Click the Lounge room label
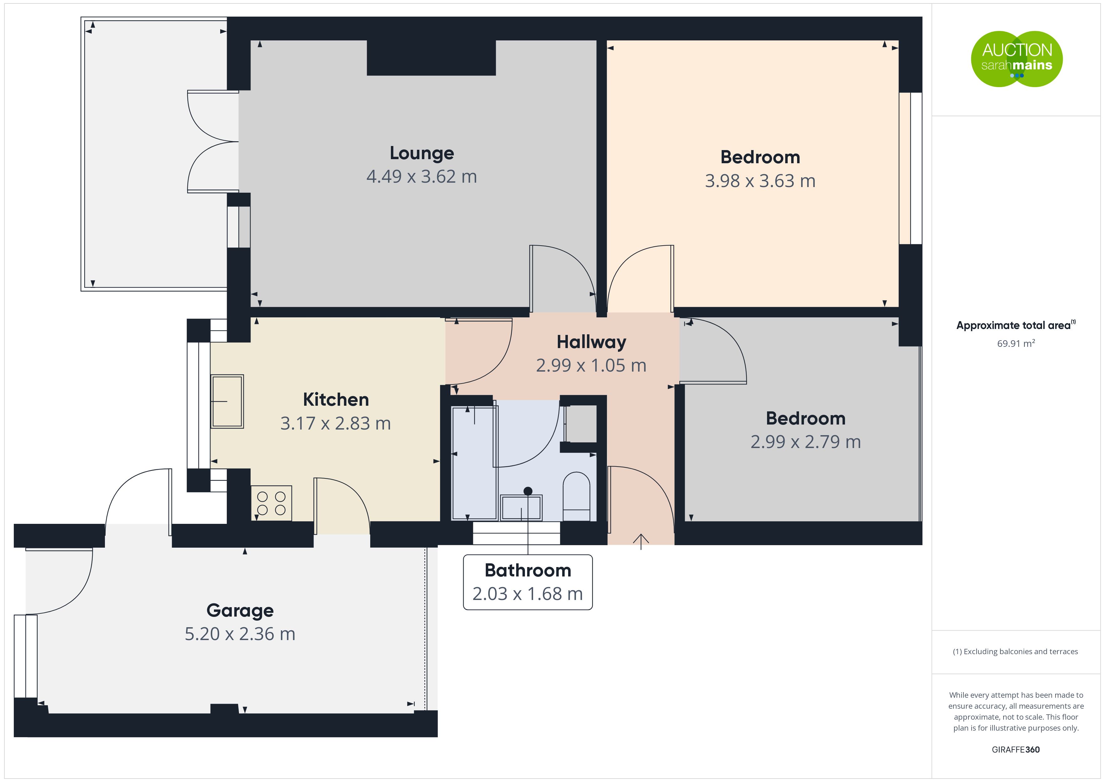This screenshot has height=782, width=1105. click(x=422, y=153)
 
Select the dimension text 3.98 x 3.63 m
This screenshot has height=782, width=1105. click(x=760, y=181)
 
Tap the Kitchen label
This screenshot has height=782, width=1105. click(x=336, y=400)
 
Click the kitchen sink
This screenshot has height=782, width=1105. click(x=227, y=402)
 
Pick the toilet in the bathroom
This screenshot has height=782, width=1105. click(x=577, y=496)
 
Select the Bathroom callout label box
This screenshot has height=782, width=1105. click(x=528, y=582)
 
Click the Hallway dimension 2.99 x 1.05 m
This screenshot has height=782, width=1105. click(x=591, y=366)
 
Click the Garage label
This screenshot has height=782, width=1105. click(x=240, y=611)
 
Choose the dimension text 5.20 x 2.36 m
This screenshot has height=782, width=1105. click(x=240, y=634)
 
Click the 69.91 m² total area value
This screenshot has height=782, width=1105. click(x=1016, y=343)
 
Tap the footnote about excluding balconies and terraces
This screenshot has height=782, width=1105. click(x=1015, y=651)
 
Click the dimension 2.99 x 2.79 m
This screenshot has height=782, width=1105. click(x=806, y=442)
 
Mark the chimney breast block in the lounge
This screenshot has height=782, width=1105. click(x=431, y=58)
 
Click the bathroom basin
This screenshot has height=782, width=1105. click(x=521, y=508)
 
